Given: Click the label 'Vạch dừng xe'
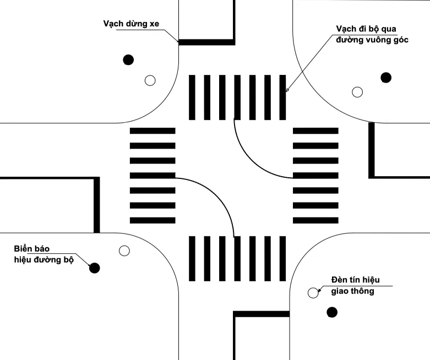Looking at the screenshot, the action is pyautogui.click(x=131, y=24).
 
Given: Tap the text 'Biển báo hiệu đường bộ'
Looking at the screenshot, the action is pyautogui.click(x=44, y=254).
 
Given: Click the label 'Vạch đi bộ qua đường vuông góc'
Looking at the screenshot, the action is pyautogui.click(x=372, y=34).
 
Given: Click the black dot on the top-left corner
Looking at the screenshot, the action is pyautogui.click(x=128, y=60).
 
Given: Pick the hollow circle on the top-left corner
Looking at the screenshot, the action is pyautogui.click(x=150, y=80).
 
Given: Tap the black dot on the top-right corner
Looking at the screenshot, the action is pyautogui.click(x=386, y=78).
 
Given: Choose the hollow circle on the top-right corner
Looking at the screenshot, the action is pyautogui.click(x=357, y=92).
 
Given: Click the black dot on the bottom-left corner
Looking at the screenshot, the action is pyautogui.click(x=95, y=268).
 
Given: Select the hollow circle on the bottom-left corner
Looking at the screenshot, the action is pyautogui.click(x=124, y=250).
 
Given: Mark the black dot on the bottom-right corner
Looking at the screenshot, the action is pyautogui.click(x=332, y=312).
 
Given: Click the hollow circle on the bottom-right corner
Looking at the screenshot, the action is pyautogui.click(x=313, y=293).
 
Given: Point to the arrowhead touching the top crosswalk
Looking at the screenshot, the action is pyautogui.click(x=287, y=89).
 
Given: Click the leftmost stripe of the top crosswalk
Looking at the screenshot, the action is pyautogui.click(x=192, y=97).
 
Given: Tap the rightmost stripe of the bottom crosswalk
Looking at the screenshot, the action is pyautogui.click(x=282, y=259).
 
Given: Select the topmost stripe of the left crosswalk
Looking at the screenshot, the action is pyautogui.click(x=153, y=131).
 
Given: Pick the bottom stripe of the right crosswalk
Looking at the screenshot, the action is pyautogui.click(x=315, y=220).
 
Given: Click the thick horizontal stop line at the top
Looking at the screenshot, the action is pyautogui.click(x=207, y=42).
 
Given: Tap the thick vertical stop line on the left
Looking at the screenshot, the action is pyautogui.click(x=96, y=205).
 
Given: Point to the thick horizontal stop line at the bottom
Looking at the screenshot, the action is pyautogui.click(x=262, y=314).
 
